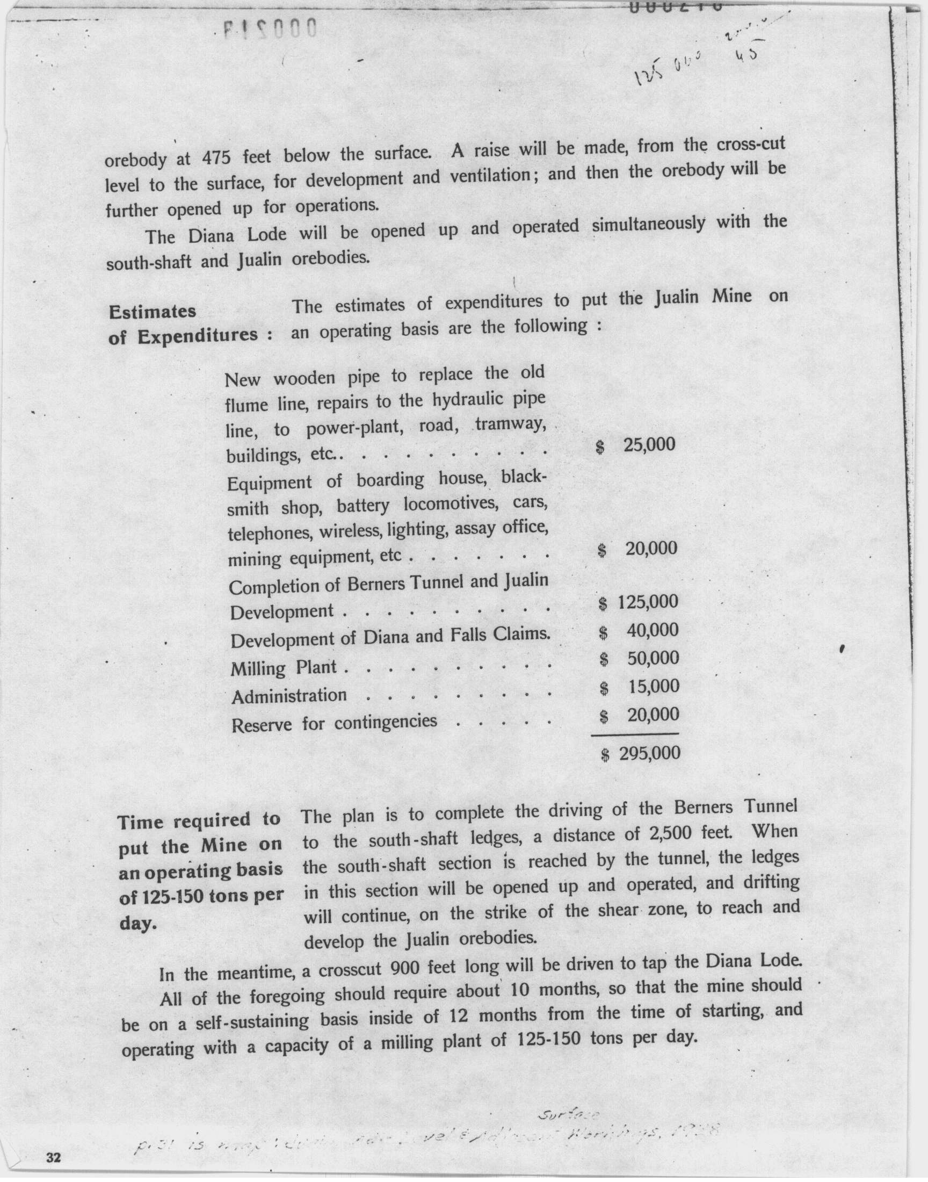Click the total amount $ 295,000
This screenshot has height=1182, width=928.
(641, 753)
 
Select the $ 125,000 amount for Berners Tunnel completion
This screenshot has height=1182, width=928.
(639, 602)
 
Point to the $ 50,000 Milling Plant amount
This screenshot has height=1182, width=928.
(640, 659)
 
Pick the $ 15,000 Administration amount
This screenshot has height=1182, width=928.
(640, 687)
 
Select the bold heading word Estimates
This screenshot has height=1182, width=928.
(153, 312)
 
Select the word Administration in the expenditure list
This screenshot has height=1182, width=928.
(289, 696)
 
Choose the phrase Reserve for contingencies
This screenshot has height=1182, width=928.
(334, 723)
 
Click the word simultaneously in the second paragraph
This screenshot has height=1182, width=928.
(648, 224)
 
